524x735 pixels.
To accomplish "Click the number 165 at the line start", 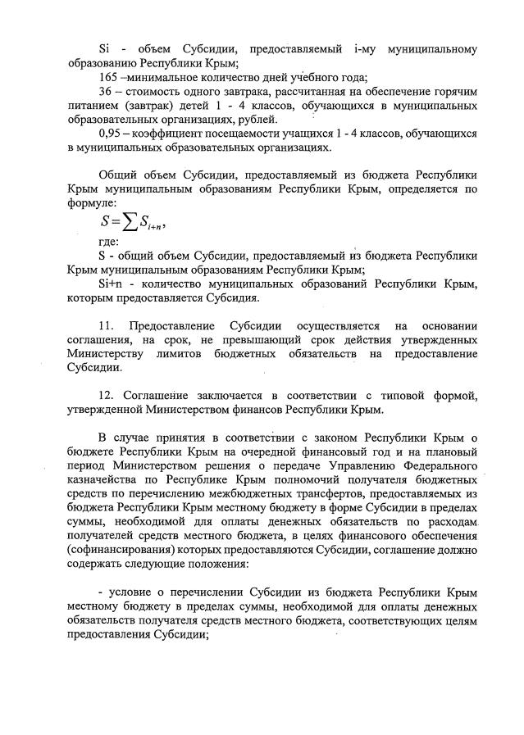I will (x=107, y=78).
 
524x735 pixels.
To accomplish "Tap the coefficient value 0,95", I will (x=109, y=134).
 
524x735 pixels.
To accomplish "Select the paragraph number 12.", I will (x=107, y=397).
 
